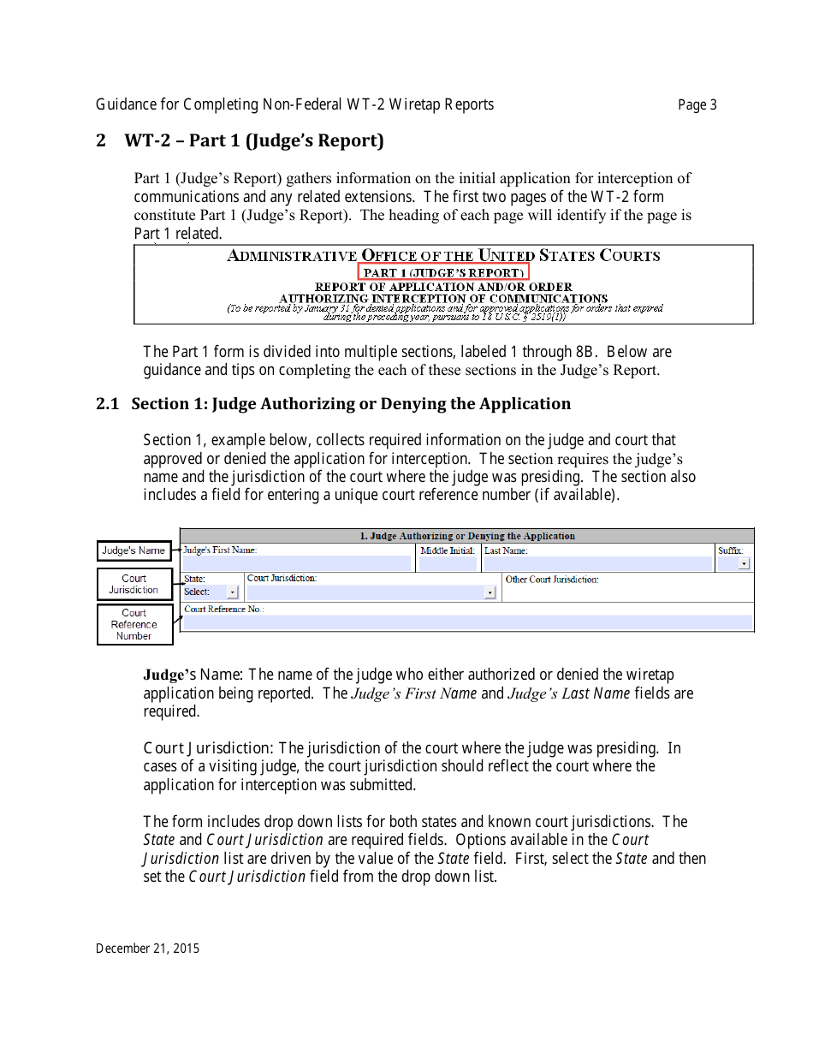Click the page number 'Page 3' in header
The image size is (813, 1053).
pyautogui.click(x=697, y=105)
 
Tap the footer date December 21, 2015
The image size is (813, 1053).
pyautogui.click(x=147, y=949)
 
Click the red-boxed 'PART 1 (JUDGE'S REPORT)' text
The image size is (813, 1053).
pyautogui.click(x=443, y=272)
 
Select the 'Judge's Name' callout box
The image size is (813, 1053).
pyautogui.click(x=134, y=550)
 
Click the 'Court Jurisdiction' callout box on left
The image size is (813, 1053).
pyautogui.click(x=134, y=585)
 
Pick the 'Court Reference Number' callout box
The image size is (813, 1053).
pyautogui.click(x=134, y=625)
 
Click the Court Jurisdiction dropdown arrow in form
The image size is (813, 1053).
pyautogui.click(x=490, y=592)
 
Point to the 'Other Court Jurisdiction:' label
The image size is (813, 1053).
pyautogui.click(x=552, y=580)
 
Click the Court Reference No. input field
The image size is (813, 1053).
pyautogui.click(x=467, y=623)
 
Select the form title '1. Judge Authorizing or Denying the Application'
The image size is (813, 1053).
pyautogui.click(x=467, y=536)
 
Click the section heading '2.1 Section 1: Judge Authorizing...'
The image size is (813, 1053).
pyautogui.click(x=334, y=404)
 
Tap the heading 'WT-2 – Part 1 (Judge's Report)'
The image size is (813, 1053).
pyautogui.click(x=254, y=140)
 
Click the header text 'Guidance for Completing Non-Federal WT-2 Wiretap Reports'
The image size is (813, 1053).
pyautogui.click(x=294, y=105)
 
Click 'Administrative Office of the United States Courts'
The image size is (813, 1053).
pyautogui.click(x=443, y=256)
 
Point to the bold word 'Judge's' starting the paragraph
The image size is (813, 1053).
pyautogui.click(x=169, y=675)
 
